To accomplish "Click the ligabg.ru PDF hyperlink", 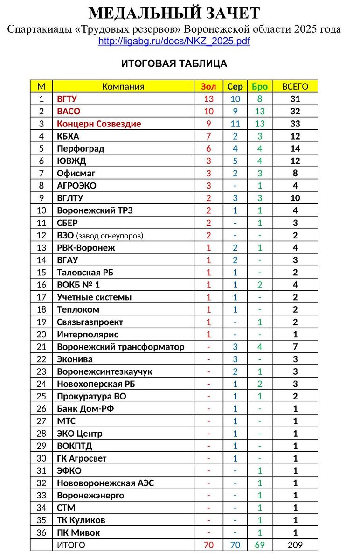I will (174, 41).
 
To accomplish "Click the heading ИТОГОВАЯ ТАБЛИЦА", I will (174, 63).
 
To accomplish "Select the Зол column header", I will (208, 86).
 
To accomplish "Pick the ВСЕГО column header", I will (295, 86).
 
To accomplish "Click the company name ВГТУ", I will (67, 99).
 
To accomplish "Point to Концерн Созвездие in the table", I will (99, 124).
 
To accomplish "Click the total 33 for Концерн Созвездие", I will (295, 124).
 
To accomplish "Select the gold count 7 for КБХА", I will (208, 136).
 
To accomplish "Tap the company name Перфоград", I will (81, 148).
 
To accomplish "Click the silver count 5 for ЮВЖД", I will (235, 161).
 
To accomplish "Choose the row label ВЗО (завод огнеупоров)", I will (100, 236).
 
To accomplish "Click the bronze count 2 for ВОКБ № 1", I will (260, 285).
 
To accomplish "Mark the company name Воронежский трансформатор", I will (120, 347).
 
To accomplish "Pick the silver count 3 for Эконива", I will (235, 359).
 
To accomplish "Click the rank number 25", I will (42, 396).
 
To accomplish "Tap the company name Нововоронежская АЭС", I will (105, 483).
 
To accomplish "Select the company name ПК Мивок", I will (78, 532).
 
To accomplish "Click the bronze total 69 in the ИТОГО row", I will (260, 545).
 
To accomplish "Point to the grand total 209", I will (295, 545).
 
